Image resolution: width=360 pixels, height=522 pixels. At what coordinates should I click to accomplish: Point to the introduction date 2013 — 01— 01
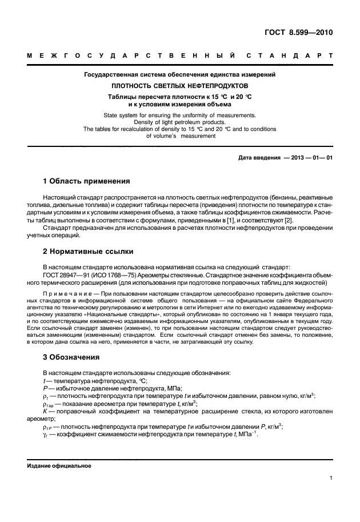308,157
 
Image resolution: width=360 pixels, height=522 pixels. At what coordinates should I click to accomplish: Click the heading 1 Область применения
87,181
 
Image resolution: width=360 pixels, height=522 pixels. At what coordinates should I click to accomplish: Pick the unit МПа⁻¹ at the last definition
249,433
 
